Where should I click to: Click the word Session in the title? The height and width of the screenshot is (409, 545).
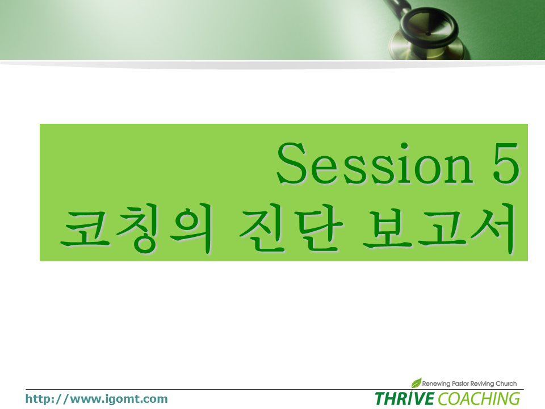(375, 163)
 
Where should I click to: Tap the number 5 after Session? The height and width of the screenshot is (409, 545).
(506, 163)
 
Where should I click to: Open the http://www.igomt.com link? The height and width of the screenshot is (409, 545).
(97, 399)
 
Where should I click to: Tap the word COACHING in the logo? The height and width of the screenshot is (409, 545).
(479, 399)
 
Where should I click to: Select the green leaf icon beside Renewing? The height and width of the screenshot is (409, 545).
(416, 382)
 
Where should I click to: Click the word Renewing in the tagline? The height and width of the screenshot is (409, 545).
(436, 383)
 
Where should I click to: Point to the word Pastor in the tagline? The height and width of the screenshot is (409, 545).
(460, 383)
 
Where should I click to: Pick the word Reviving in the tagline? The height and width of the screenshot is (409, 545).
(483, 383)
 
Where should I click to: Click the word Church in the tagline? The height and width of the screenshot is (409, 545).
(506, 383)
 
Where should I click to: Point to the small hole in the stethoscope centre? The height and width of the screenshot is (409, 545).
(428, 34)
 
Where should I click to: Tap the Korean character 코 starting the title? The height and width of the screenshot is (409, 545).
(86, 229)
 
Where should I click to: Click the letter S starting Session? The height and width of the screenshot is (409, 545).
(291, 163)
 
